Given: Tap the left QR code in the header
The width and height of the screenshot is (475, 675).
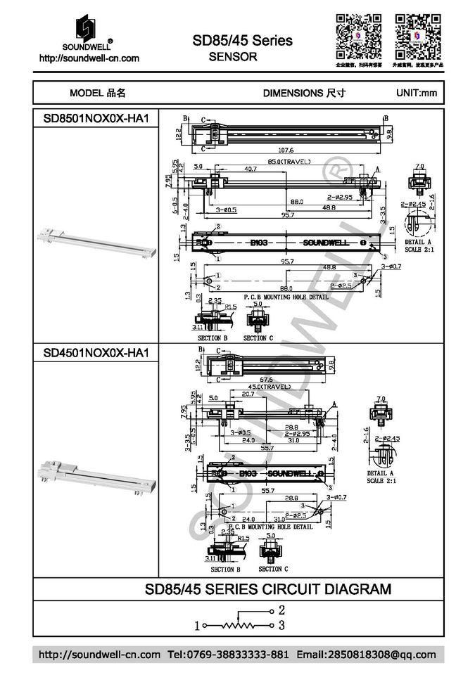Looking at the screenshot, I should (357, 36).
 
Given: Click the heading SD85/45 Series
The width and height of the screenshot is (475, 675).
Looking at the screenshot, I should (242, 41).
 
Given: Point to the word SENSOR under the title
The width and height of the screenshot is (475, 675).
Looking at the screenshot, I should (233, 57).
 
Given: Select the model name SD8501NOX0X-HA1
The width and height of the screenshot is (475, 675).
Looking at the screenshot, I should (96, 119).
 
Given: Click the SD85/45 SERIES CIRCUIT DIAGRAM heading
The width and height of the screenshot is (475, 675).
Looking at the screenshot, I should (268, 589).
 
